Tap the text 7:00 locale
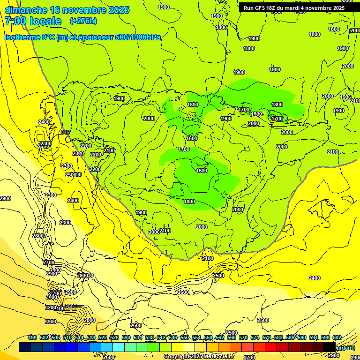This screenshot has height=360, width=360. point(33,21)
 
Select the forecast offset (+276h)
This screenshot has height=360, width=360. point(83,21)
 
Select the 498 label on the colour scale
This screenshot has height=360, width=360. point(32,337)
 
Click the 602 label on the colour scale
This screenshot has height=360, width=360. point(337,337)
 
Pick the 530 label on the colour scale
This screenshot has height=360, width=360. point(126,337)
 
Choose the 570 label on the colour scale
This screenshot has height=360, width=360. point(243,337)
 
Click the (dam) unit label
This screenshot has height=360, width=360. point(347,348)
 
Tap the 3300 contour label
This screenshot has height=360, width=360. point(51,322)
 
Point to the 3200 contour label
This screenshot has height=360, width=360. point(51,307)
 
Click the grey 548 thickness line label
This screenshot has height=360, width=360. point(65,132)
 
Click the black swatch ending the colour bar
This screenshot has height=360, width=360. point(330,347)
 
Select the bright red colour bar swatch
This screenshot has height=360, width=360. point(271,347)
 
